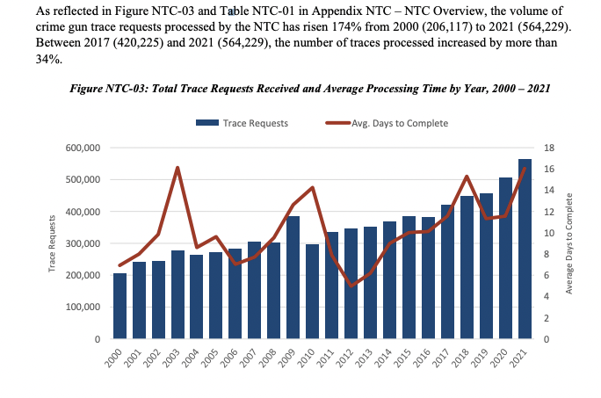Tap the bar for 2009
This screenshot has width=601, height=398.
[293, 277]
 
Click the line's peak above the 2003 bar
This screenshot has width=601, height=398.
[177, 168]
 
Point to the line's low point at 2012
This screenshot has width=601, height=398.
[351, 286]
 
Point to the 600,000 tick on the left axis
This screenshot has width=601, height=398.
[84, 148]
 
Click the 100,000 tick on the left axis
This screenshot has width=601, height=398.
[84, 308]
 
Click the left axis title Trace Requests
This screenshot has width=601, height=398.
[53, 243]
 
